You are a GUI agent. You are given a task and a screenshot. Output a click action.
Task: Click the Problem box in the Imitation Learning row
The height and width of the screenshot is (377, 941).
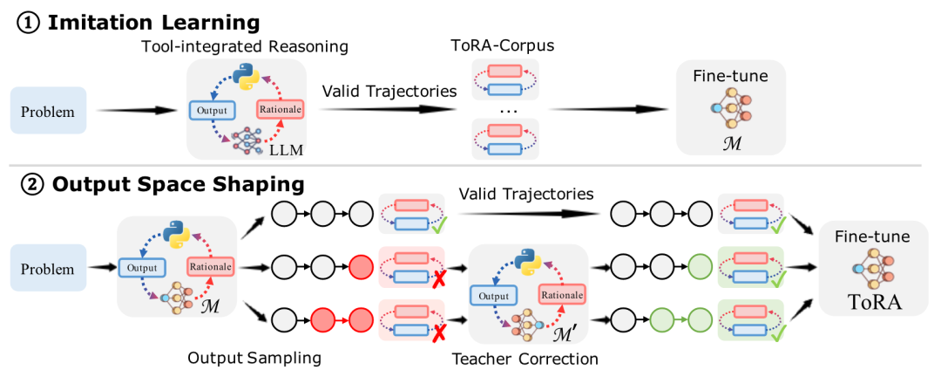click(x=49, y=111)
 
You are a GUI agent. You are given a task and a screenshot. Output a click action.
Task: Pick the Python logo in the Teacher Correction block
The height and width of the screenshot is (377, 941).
click(x=526, y=262)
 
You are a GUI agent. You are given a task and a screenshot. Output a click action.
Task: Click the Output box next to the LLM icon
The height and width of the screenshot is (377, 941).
click(x=212, y=111)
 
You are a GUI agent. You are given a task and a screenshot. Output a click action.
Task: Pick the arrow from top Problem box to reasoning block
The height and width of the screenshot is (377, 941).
click(x=136, y=111)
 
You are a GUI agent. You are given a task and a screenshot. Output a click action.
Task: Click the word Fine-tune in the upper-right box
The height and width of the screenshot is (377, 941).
click(x=731, y=77)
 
